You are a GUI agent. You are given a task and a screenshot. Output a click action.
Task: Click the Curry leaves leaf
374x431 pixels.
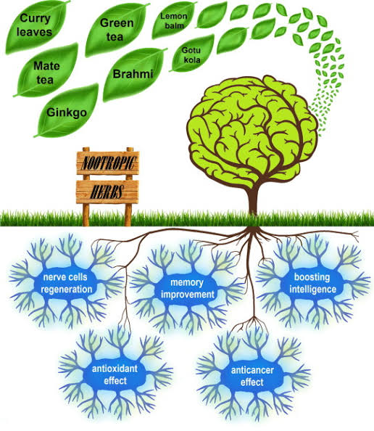tap(36, 26)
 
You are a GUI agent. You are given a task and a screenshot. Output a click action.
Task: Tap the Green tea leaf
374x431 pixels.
tap(116, 29)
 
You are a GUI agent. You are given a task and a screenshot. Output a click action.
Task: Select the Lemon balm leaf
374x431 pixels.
tap(173, 20)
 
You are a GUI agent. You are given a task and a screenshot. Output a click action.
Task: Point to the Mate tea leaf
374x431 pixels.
tap(46, 71)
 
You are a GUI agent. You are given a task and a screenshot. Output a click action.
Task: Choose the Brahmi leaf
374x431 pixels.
tap(133, 74)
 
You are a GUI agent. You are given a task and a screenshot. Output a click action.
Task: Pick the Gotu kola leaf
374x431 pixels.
tap(192, 54)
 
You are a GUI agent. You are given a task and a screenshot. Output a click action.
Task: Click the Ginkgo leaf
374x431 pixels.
tap(67, 111)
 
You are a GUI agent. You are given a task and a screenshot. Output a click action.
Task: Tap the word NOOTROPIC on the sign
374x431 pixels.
tap(108, 163)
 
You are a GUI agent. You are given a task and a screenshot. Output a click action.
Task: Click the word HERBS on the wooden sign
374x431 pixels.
tap(107, 192)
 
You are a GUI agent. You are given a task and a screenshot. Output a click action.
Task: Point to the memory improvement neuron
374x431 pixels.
tap(187, 288)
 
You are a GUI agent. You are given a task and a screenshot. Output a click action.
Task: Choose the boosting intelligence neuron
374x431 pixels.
tap(312, 283)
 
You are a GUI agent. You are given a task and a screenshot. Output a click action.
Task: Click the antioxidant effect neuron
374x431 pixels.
tap(115, 374)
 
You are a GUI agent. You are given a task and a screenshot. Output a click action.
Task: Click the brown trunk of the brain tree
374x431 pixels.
tap(253, 199)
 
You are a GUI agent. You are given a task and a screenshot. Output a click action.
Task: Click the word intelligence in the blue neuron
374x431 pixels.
tap(312, 290)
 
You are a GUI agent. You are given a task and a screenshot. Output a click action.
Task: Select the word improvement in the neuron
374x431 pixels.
tap(188, 295)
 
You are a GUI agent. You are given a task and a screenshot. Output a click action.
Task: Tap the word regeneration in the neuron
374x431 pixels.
tap(67, 290)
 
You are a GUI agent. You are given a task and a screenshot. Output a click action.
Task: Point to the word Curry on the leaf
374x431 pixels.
tap(35, 19)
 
